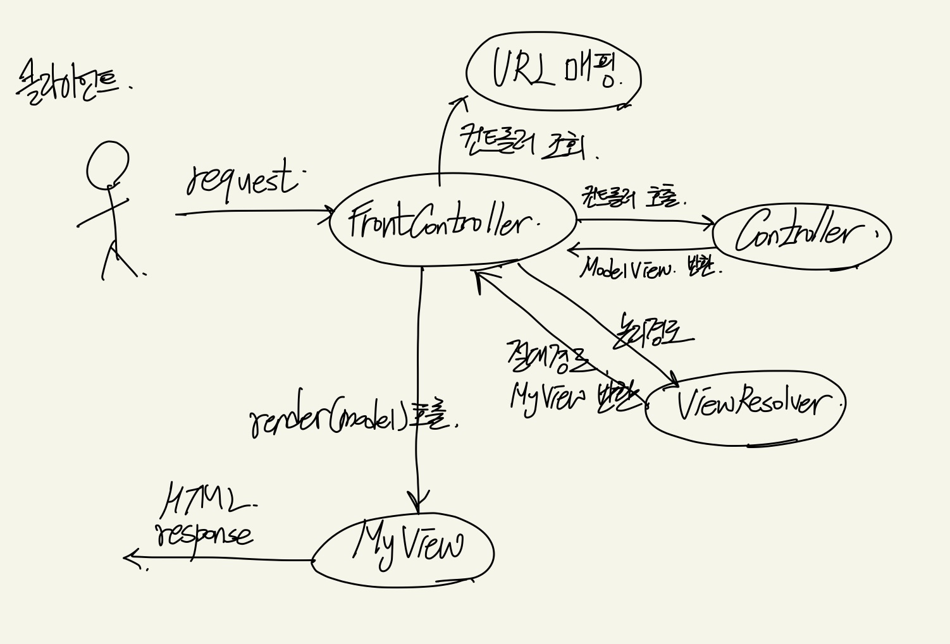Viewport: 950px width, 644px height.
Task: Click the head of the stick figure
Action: click(108, 164)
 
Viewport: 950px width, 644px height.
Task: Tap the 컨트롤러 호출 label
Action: click(632, 197)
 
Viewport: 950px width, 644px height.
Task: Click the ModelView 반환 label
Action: click(648, 269)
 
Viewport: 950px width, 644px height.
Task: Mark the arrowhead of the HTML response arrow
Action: click(130, 557)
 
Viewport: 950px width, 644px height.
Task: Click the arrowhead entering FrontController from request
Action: click(329, 212)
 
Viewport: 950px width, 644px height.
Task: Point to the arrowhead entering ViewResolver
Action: click(674, 382)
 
